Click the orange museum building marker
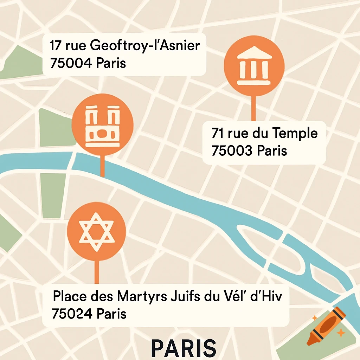[253, 67]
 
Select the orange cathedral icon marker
[102, 124]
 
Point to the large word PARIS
[184, 348]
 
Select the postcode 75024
[72, 314]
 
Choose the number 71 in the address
[218, 134]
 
